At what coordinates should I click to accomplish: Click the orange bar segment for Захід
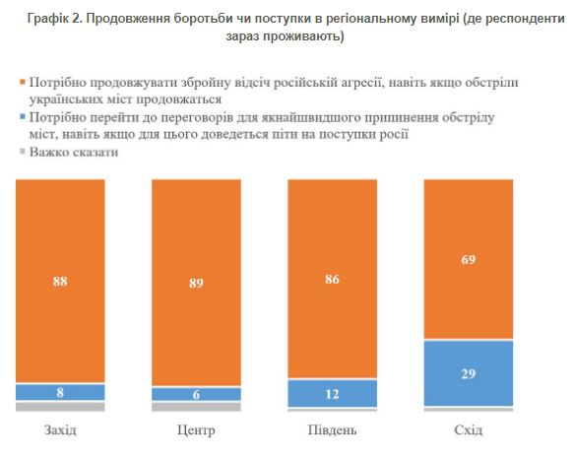pos(59,281)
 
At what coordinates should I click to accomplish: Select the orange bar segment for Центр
pos(196,282)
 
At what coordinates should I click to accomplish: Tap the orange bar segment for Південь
pos(333,278)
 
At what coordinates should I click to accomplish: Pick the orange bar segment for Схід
pos(468,260)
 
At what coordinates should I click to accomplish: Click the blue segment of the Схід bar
pos(468,372)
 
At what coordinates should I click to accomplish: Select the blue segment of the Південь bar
pos(333,392)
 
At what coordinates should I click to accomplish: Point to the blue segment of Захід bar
pos(59,391)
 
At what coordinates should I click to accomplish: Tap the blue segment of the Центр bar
pos(196,393)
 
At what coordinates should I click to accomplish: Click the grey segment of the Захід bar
pos(59,405)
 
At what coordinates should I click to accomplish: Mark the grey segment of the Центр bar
pos(196,405)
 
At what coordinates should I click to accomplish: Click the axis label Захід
pos(59,431)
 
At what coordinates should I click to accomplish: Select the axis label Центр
pos(196,431)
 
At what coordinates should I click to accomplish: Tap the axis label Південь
pos(332,431)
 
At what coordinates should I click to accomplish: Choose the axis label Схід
pos(468,431)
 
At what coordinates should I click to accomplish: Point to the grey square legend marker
pos(22,153)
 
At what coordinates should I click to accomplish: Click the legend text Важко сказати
pos(74,153)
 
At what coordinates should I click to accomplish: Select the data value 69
pos(468,260)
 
